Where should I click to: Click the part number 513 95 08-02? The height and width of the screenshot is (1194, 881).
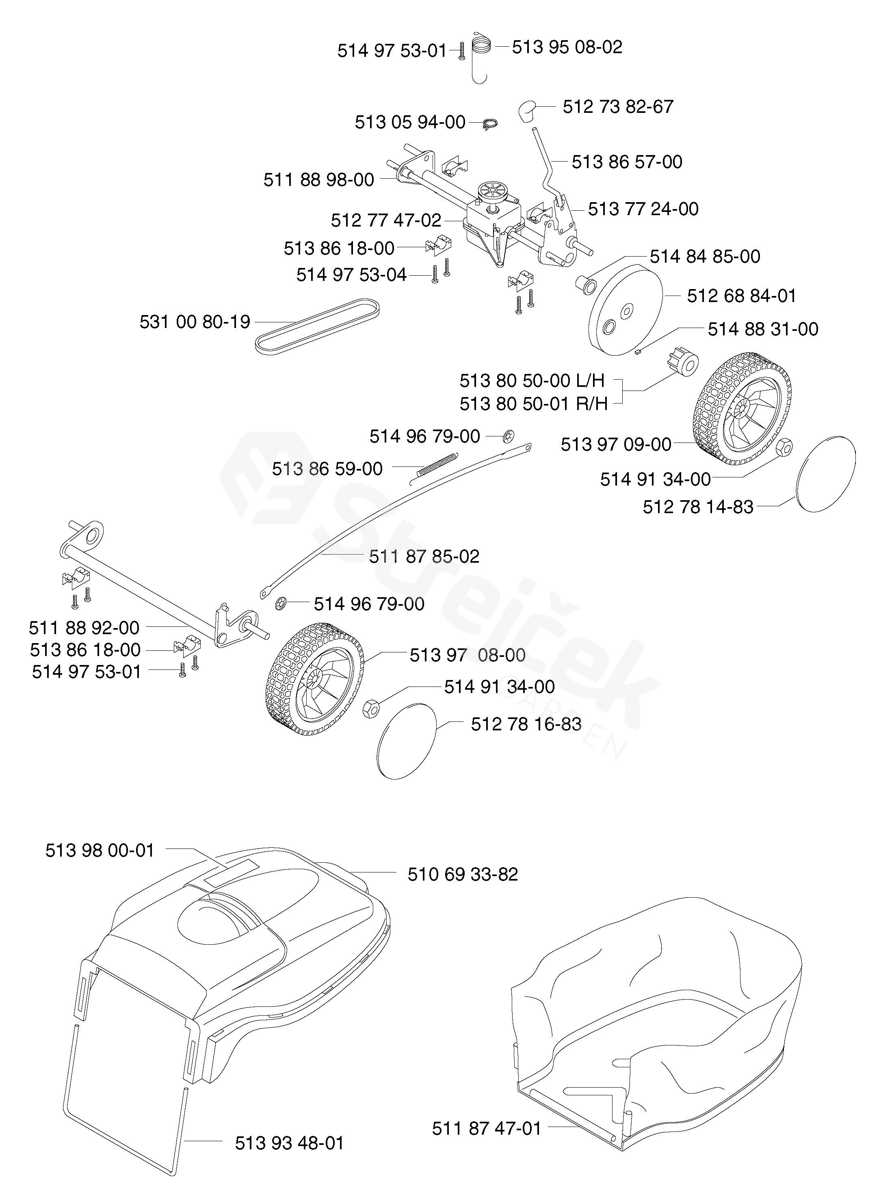pyautogui.click(x=567, y=48)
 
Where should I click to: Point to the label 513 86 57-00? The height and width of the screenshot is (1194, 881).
pyautogui.click(x=627, y=162)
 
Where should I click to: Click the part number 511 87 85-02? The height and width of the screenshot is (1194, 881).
pyautogui.click(x=424, y=557)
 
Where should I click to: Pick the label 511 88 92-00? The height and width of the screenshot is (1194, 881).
pyautogui.click(x=84, y=628)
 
